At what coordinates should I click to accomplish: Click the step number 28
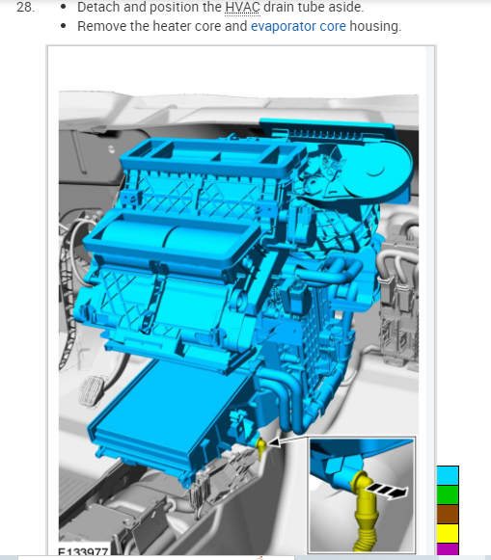[x=25, y=7]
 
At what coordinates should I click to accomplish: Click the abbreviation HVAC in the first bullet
[x=242, y=7]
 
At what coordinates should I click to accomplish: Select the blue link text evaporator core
[x=298, y=26]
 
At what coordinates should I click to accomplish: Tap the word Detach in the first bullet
[x=98, y=7]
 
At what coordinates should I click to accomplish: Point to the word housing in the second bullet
[x=375, y=27]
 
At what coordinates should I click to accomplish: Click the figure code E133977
[x=83, y=551]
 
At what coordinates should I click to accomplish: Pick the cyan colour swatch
[x=448, y=475]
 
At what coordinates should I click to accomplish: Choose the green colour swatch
[x=448, y=494]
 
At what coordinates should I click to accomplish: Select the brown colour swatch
[x=448, y=514]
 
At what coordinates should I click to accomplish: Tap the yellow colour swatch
[x=448, y=533]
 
